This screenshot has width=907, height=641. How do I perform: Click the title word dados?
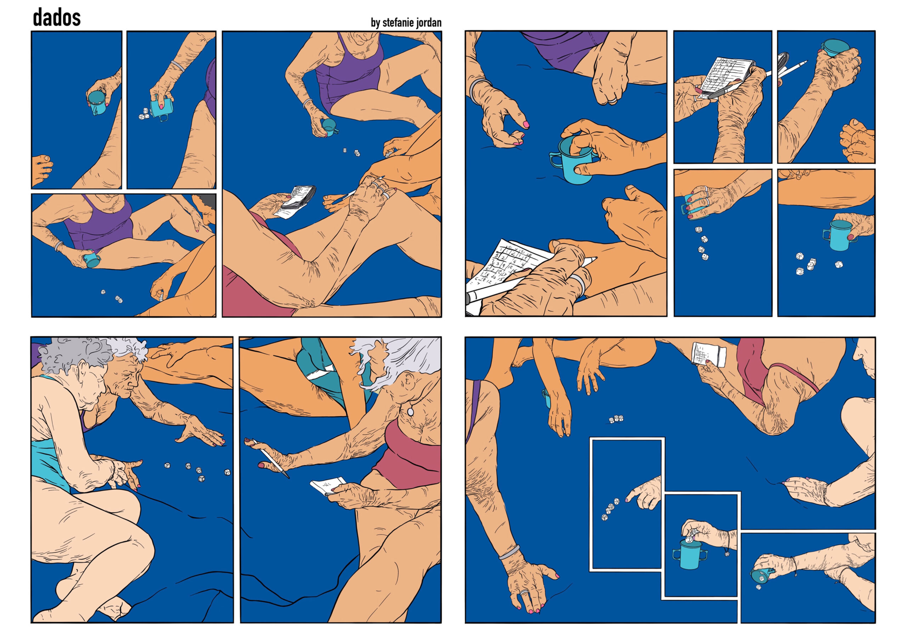(x=56, y=18)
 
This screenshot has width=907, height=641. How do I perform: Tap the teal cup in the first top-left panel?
(x=96, y=103)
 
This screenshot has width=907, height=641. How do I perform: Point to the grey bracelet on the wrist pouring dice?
(x=178, y=66)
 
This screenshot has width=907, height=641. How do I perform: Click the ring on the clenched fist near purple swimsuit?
(x=612, y=100)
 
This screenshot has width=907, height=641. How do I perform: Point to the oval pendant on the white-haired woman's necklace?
(x=411, y=412)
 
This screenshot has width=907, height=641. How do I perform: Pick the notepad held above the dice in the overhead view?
(x=709, y=354)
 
